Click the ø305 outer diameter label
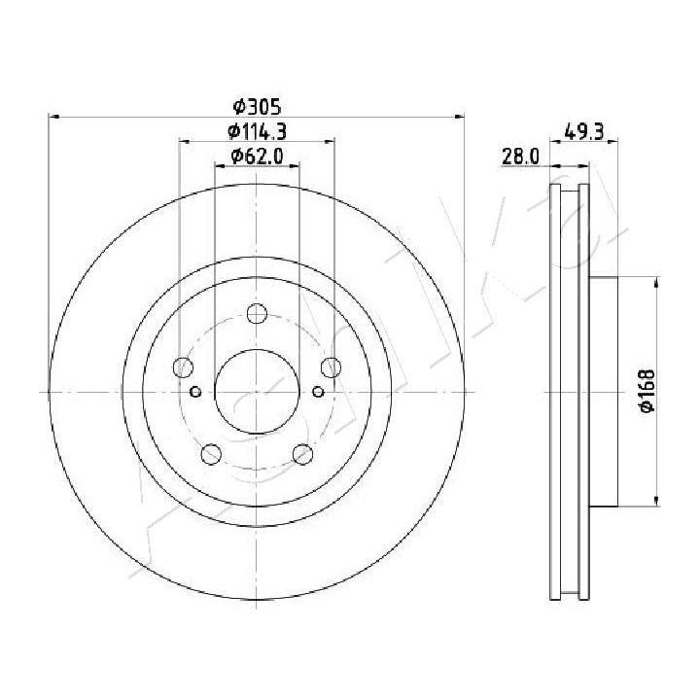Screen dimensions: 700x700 click(257, 107)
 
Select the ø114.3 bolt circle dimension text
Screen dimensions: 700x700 click(257, 131)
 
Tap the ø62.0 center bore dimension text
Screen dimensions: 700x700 click(257, 156)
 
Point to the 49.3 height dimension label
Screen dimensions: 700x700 click(584, 132)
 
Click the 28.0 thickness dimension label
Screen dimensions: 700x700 click(520, 157)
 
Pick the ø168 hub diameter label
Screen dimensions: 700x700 click(647, 391)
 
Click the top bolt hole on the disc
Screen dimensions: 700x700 click(257, 313)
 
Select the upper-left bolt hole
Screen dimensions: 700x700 click(183, 367)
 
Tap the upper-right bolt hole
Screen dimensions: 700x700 click(331, 367)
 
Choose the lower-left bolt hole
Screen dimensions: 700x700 click(211, 454)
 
